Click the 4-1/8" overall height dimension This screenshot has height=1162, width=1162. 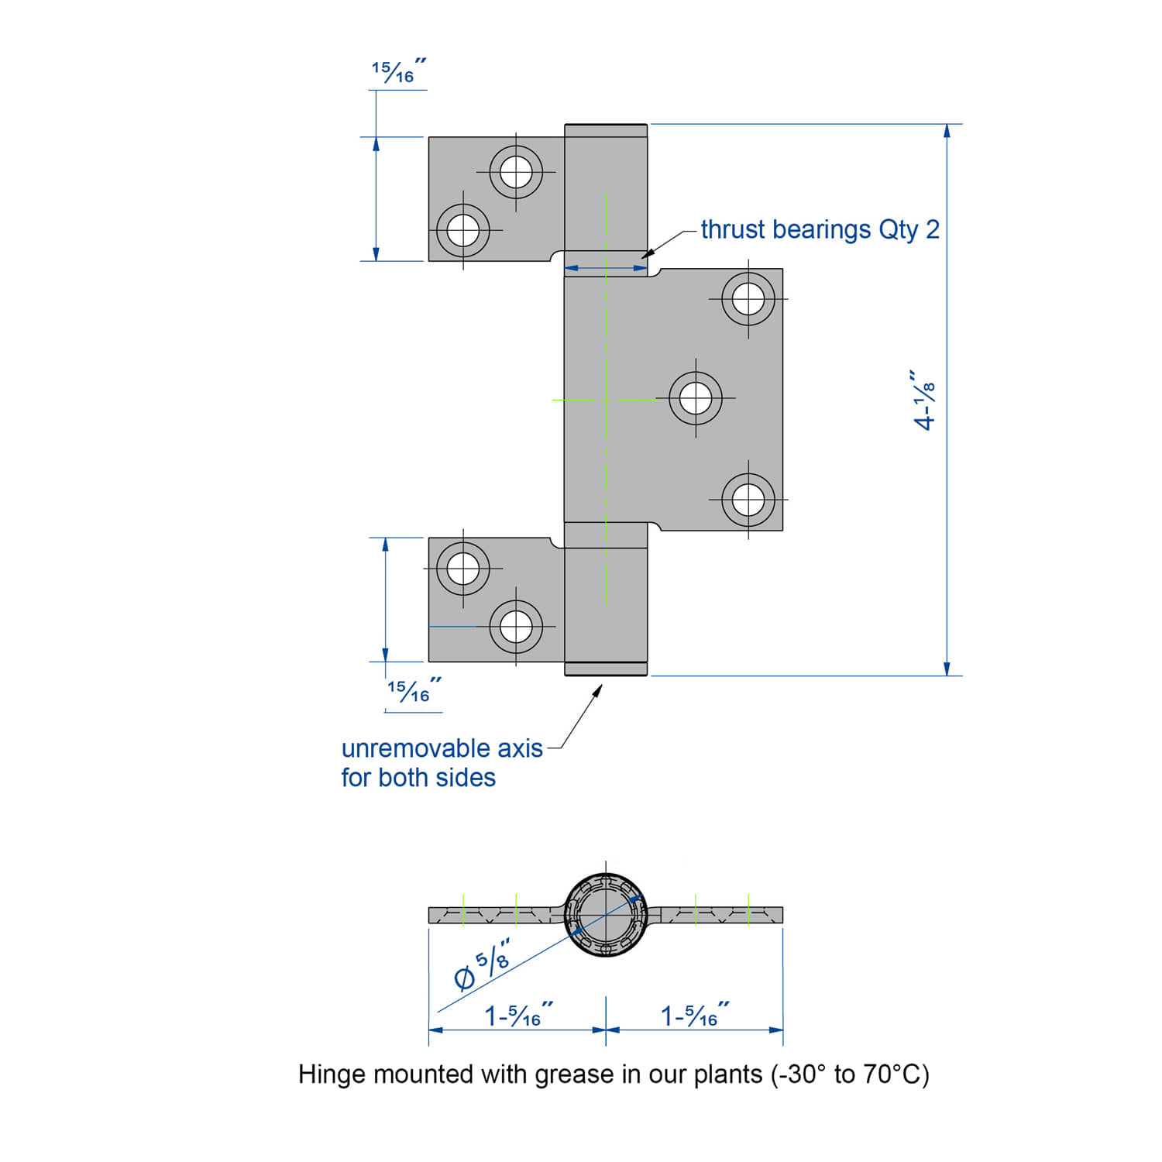(x=925, y=399)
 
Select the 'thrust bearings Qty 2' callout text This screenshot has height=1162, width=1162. (x=820, y=229)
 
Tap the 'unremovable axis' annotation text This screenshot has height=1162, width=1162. (x=442, y=748)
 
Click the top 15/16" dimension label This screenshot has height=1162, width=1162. (x=397, y=72)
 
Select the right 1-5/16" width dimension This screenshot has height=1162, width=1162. (x=694, y=1016)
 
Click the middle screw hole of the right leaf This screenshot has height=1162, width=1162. (x=696, y=398)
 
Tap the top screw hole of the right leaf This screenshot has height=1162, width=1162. (x=748, y=298)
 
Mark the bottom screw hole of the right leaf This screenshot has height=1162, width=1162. (x=748, y=500)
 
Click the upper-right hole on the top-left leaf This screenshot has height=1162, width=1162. (x=516, y=171)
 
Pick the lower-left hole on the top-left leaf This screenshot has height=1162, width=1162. (x=463, y=230)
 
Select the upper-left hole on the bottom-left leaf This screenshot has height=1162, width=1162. (x=463, y=569)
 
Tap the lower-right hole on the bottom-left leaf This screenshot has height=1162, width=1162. (x=516, y=626)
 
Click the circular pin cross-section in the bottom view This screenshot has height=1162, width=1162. (x=606, y=915)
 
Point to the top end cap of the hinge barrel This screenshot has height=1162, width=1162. (x=606, y=130)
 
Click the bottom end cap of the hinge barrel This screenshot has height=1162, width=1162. (x=606, y=669)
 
